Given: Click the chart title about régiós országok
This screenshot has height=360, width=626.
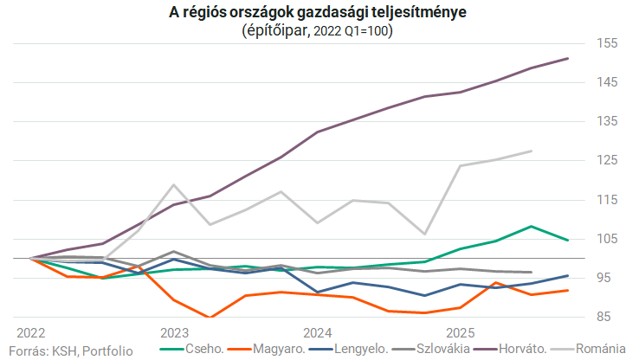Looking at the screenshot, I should (x=313, y=12).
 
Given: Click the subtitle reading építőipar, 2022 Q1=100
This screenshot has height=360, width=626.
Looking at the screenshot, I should (x=313, y=29).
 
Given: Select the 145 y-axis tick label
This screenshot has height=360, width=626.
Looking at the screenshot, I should (x=604, y=82).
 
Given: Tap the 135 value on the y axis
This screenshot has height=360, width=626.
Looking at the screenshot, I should (x=604, y=121).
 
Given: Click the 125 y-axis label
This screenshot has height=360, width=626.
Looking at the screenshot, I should (x=604, y=160).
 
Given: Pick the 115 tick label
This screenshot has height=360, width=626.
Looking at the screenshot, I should (x=604, y=199).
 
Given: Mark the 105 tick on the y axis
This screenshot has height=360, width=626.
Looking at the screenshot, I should (x=604, y=239).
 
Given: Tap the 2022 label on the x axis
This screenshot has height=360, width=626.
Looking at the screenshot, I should (x=31, y=332).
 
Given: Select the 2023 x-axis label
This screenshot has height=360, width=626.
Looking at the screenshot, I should (x=174, y=332).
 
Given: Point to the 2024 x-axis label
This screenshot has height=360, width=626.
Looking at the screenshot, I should (x=317, y=332).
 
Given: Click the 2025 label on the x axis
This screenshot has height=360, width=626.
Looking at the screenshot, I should (x=461, y=332).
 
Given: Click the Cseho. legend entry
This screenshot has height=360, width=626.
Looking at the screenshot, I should (x=198, y=350).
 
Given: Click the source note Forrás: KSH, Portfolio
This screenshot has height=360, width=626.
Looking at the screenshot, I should (x=71, y=350).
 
